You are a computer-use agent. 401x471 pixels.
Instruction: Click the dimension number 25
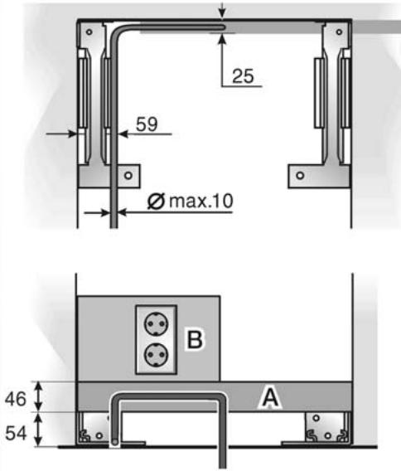click(243, 76)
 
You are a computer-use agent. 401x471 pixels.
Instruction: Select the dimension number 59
click(147, 124)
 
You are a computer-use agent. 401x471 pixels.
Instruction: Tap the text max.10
click(201, 201)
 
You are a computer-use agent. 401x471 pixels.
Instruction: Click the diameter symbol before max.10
click(156, 201)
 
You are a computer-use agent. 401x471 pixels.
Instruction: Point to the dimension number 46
click(16, 399)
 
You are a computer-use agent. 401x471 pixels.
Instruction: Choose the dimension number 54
click(17, 434)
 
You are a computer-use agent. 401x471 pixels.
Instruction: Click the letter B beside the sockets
click(195, 339)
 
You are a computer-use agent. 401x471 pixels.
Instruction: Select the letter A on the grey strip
click(270, 397)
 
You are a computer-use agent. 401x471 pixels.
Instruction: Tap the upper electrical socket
click(156, 324)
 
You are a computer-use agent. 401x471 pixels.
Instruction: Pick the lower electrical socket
click(156, 355)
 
